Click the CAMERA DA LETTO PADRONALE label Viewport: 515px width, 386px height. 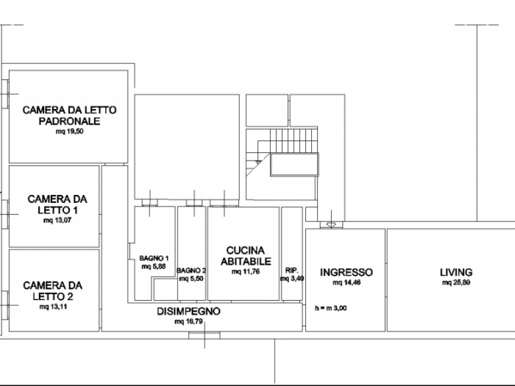click(x=69, y=115)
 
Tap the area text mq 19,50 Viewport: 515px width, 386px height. click(x=69, y=133)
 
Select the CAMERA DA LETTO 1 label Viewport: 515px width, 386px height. click(x=57, y=204)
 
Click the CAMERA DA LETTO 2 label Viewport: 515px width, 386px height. click(x=52, y=290)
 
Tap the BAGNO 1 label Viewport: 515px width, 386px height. click(x=154, y=258)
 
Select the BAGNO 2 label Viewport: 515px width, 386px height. click(x=191, y=270)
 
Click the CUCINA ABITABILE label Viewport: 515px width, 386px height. click(x=245, y=255)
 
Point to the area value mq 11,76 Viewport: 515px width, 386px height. click(x=245, y=271)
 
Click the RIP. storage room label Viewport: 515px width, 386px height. click(x=291, y=271)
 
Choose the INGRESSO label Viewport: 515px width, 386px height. click(x=347, y=272)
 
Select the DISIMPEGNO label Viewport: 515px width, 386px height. click(x=189, y=311)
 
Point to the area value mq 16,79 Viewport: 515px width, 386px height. click(x=189, y=321)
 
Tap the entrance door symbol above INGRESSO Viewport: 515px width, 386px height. click(x=331, y=224)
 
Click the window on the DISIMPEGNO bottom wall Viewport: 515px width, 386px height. click(x=204, y=335)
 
